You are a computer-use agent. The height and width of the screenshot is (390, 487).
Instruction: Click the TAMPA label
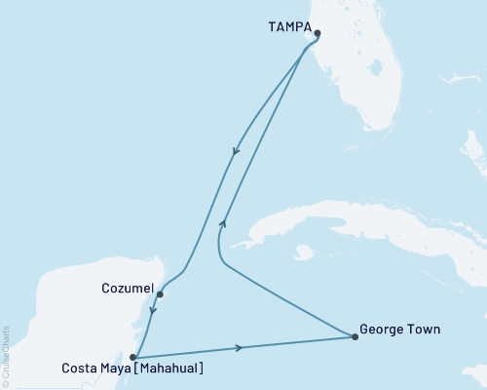point(290,28)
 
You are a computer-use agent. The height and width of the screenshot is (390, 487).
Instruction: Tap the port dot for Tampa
point(317,34)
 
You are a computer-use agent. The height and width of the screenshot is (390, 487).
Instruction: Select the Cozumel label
point(127,289)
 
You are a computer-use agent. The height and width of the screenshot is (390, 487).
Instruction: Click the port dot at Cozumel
point(160,292)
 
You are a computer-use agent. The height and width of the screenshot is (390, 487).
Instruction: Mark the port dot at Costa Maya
point(133,357)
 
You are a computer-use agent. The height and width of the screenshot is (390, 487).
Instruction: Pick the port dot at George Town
point(354,337)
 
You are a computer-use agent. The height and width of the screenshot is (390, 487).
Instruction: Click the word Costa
point(80,370)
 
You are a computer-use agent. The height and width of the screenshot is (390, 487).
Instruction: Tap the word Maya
point(119,370)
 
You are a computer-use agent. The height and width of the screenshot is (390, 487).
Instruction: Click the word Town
point(424,330)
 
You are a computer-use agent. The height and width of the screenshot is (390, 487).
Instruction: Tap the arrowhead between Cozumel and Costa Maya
point(153,315)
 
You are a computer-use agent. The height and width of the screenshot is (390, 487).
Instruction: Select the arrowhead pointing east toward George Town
point(240,347)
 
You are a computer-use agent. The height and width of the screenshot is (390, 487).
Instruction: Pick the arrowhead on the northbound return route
point(224,222)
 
